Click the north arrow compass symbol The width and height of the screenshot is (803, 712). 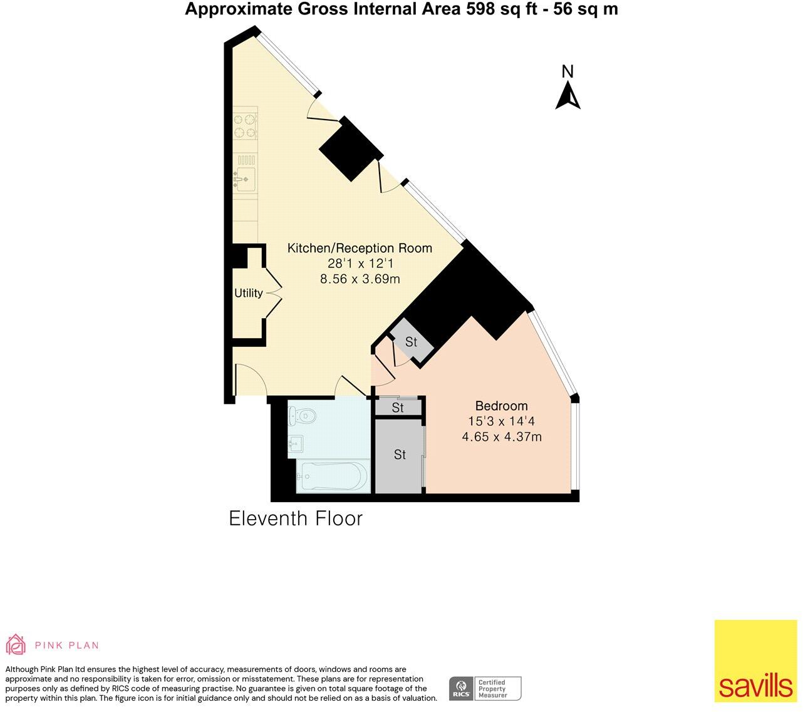567,94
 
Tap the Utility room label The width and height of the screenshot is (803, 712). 249,293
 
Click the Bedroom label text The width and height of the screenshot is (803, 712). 501,406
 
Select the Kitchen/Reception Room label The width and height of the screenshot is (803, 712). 360,248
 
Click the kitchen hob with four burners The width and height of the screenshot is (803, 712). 246,125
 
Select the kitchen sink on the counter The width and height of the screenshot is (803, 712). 244,178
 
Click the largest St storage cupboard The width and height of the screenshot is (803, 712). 400,455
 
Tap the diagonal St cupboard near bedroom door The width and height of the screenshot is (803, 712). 411,342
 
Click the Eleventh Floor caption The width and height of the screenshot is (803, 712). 296,519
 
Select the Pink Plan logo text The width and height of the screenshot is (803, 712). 66,645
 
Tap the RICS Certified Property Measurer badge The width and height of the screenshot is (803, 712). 485,688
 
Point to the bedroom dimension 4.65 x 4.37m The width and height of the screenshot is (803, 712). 501,437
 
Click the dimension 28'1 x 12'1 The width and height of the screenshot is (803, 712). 360,264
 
